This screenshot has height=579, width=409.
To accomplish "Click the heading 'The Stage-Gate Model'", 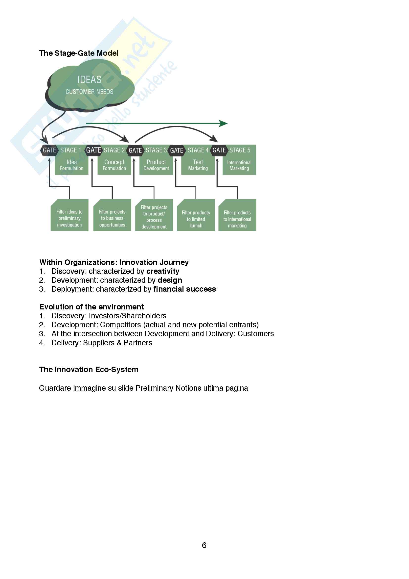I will tap(79, 53).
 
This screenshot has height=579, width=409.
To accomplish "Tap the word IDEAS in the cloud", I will tap(89, 80).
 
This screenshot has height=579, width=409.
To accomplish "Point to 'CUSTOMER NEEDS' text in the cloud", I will tap(90, 92).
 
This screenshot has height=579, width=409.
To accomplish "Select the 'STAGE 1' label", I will tap(70, 150).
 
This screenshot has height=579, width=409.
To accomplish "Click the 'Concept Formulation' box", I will tap(114, 165).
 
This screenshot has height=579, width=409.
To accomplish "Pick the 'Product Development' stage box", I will tap(156, 165).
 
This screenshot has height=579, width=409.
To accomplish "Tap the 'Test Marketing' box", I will tap(198, 165).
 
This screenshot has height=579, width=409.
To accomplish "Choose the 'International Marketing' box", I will tap(239, 165).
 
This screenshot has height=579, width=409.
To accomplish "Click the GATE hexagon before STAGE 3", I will tap(135, 151).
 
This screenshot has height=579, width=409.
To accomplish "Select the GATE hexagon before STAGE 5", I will tap(219, 150).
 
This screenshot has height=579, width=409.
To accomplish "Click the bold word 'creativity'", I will tap(163, 271).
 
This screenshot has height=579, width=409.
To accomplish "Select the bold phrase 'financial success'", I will tap(185, 289).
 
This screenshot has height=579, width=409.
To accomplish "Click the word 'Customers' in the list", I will tap(256, 334).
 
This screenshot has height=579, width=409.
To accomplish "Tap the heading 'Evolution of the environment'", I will tap(91, 307).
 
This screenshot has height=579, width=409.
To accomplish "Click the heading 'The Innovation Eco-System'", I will tap(89, 370).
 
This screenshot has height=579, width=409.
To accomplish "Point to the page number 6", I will tap(204, 546).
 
